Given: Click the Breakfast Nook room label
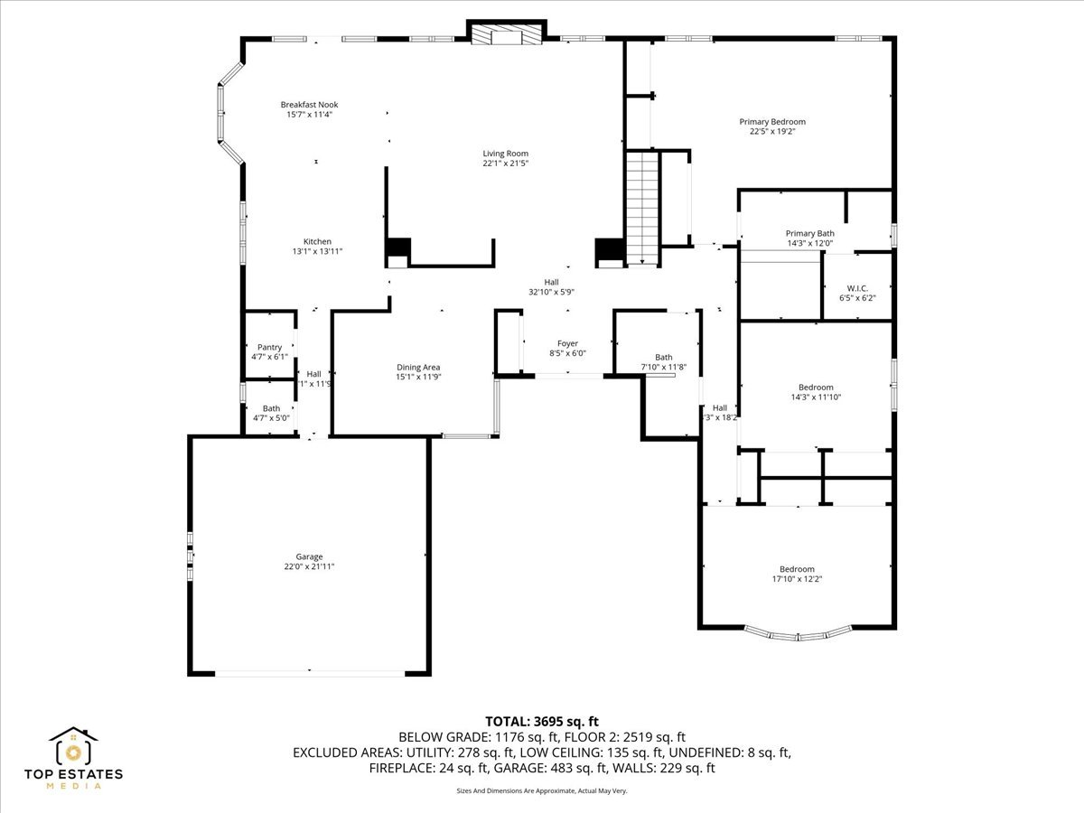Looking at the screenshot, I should tap(309, 105).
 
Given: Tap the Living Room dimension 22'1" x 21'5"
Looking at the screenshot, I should tap(505, 164).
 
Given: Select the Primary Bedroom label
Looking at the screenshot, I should tap(771, 122).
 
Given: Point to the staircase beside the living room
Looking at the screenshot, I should tap(642, 208).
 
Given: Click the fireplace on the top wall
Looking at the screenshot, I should tap(507, 34).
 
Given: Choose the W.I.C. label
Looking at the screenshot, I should tap(858, 287).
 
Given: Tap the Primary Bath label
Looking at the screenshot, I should tap(809, 233).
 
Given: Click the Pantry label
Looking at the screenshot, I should tap(269, 347).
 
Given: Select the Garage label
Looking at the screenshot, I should tap(309, 556).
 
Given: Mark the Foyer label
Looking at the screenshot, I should tap(567, 343).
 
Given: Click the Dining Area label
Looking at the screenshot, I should tap(418, 367).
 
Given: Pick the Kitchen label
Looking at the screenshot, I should tap(317, 241).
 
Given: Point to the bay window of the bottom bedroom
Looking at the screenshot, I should tap(798, 634).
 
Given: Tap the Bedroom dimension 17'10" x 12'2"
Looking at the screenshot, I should tap(797, 579).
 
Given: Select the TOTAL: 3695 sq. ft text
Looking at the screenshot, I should tap(542, 721).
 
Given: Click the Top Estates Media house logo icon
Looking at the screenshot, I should tap(73, 746).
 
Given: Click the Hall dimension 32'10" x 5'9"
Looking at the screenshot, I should tap(551, 292).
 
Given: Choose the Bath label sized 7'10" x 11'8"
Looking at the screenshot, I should tap(664, 367).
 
